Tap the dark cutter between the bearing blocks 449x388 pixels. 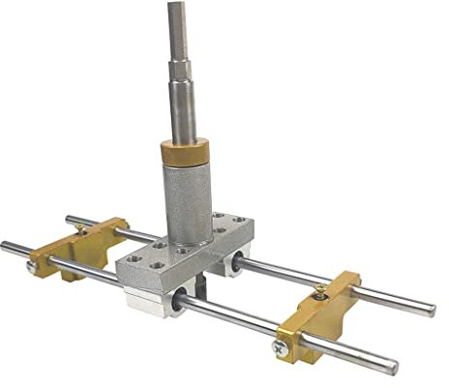click(x=199, y=284)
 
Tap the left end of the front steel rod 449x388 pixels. click(x=6, y=246)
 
